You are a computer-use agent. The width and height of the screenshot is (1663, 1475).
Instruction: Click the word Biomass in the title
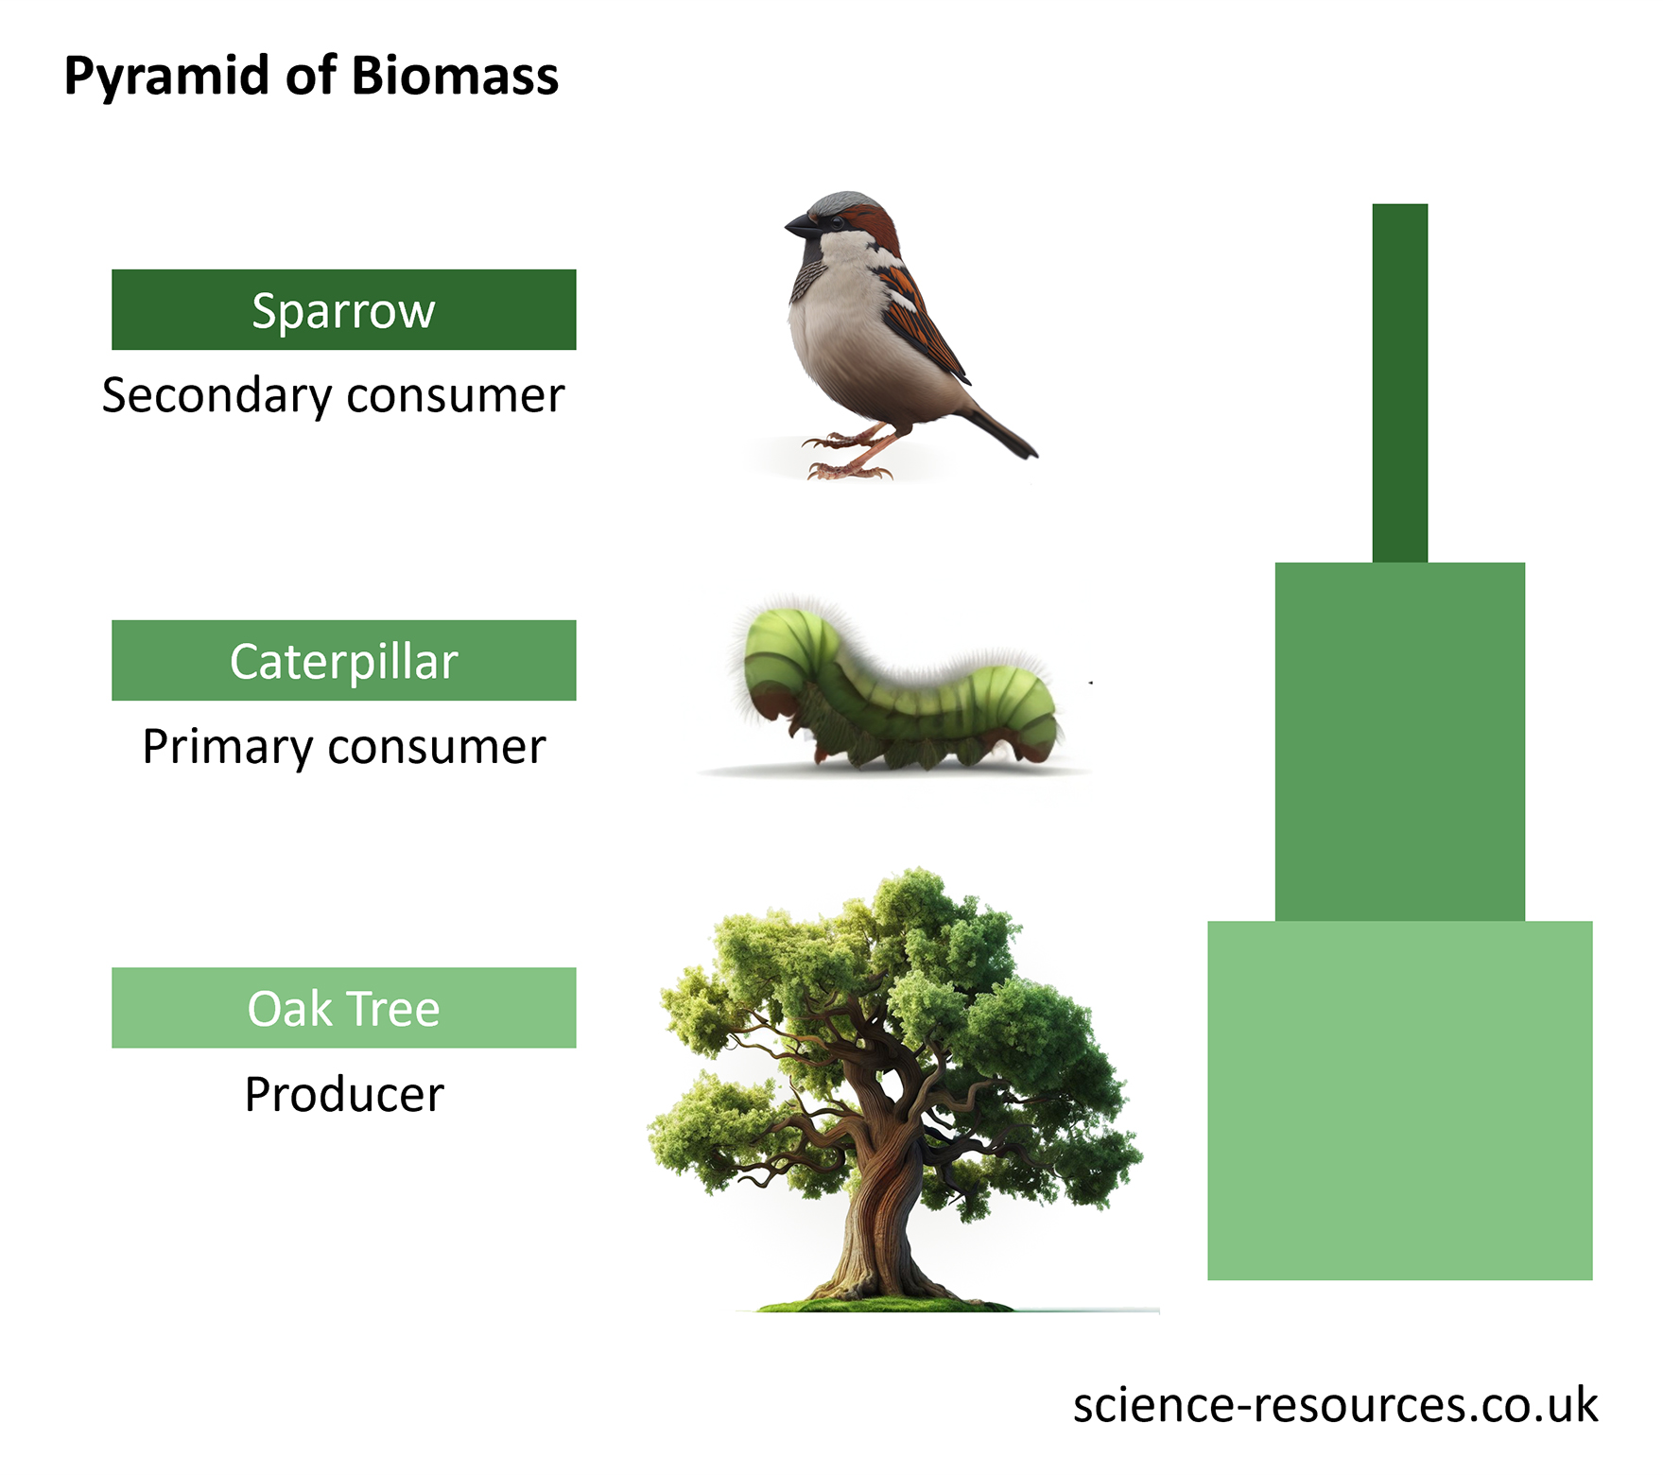(x=455, y=76)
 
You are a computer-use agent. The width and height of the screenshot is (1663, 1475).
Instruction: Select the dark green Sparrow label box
(x=343, y=310)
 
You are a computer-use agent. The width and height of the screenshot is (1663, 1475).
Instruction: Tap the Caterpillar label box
(x=343, y=661)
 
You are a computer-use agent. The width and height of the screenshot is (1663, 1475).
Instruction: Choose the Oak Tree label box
(x=343, y=1008)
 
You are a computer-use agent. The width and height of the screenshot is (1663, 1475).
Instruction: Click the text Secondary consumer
(x=333, y=395)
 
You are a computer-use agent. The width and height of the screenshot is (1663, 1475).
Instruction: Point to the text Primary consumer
(x=343, y=747)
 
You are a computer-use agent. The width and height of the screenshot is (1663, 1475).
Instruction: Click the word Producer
(x=343, y=1095)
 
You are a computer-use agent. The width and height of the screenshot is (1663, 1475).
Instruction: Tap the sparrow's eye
(x=836, y=222)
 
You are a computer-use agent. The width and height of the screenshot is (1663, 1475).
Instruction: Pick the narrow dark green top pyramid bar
(x=1399, y=383)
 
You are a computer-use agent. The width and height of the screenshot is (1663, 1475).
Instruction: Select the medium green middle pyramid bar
(x=1399, y=742)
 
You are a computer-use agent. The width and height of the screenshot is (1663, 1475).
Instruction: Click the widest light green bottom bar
(x=1399, y=1102)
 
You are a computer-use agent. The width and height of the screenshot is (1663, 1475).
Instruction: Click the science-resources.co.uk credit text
(x=1334, y=1405)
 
